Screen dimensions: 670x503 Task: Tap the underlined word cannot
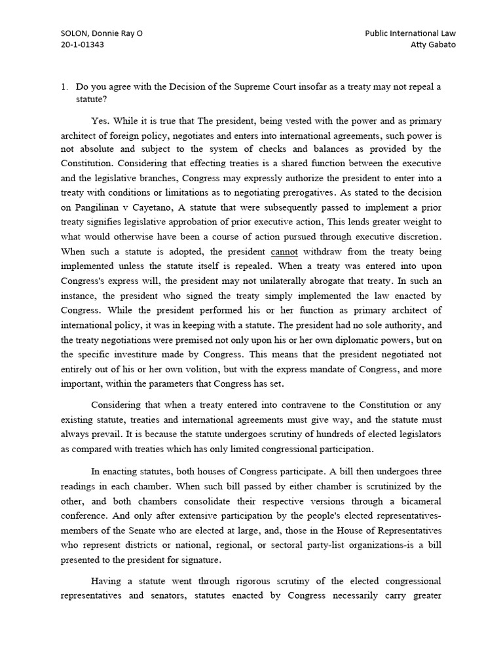click(284, 251)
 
